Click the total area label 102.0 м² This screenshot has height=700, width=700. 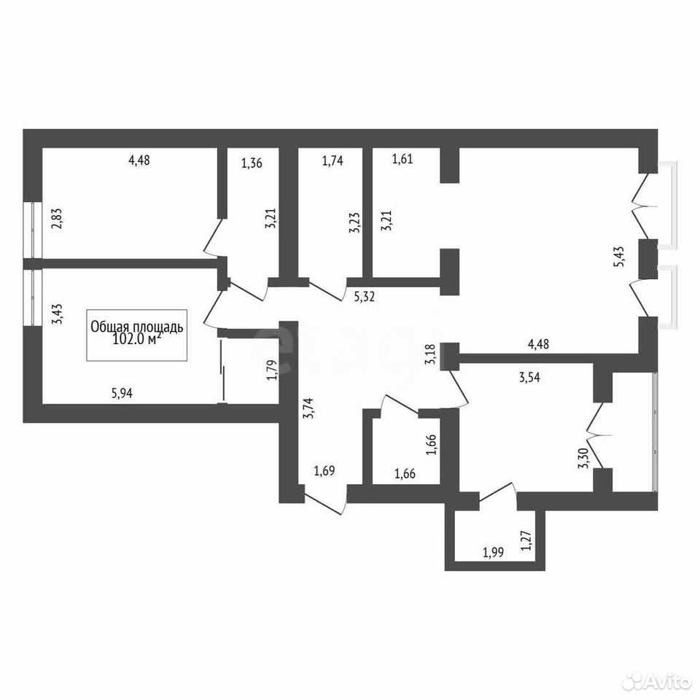tap(136, 340)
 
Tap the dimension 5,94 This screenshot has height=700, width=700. tap(122, 393)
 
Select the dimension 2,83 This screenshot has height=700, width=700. tap(57, 219)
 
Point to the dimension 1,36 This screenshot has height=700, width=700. tap(252, 163)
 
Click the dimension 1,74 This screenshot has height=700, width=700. tap(332, 160)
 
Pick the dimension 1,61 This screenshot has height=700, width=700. tap(402, 158)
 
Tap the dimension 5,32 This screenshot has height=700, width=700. tap(364, 297)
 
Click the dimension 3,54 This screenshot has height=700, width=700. tap(529, 377)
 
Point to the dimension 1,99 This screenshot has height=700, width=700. tap(494, 552)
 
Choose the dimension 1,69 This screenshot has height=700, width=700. tap(324, 470)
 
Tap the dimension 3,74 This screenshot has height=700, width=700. tap(308, 408)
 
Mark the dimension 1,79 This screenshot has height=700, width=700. tap(272, 370)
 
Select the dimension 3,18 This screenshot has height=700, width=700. tap(431, 355)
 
